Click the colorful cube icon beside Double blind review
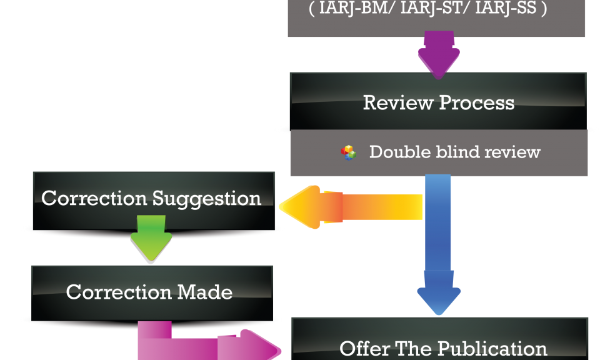(x=349, y=152)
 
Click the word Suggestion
(x=206, y=199)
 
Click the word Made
(x=204, y=292)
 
